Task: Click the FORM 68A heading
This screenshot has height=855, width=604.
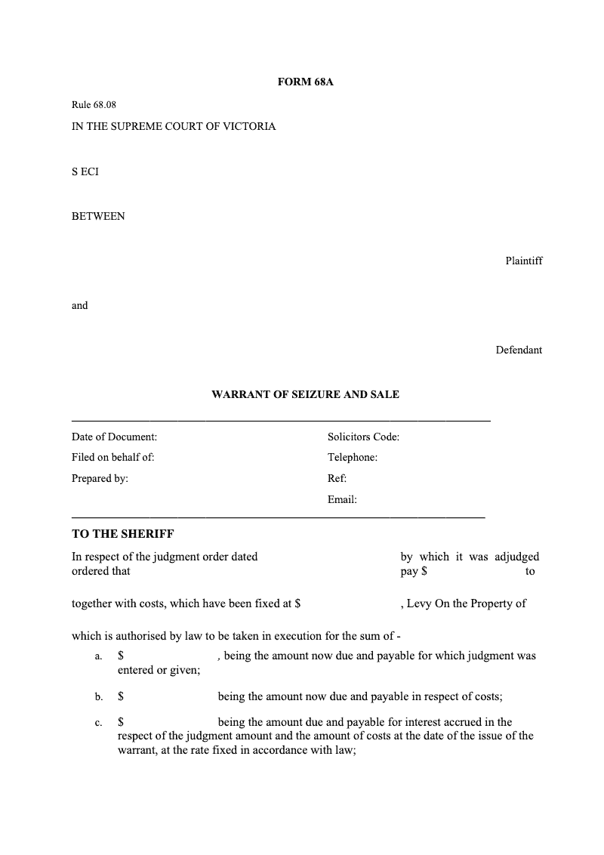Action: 305,82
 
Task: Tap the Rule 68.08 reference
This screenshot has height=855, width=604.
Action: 94,105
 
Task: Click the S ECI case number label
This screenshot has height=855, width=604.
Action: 85,171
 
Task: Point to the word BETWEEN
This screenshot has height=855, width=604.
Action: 98,216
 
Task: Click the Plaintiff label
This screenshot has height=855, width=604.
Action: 523,261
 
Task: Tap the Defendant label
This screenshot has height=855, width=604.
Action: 519,350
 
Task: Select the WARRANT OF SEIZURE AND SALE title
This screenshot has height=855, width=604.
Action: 305,394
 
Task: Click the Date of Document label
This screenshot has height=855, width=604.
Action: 114,437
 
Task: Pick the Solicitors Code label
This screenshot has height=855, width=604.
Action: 363,437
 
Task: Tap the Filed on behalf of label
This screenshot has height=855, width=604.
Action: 112,457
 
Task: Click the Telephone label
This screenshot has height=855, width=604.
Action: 352,457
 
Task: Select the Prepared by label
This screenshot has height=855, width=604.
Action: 100,478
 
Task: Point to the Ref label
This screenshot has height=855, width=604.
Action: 337,478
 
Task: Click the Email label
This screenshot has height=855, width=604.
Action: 342,499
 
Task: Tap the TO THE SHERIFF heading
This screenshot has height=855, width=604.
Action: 122,534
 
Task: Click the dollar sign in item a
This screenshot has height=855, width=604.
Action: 121,656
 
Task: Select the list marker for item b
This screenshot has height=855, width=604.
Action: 99,697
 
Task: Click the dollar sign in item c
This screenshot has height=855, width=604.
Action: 121,722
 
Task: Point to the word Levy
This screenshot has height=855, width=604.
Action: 419,603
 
